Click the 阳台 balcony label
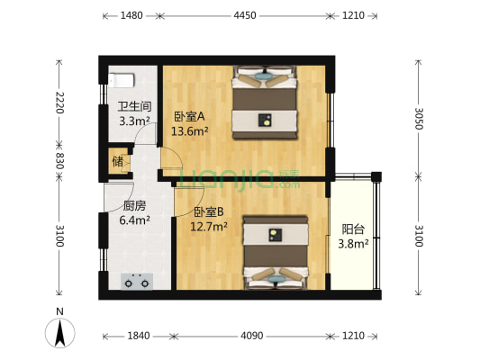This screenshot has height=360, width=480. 353,229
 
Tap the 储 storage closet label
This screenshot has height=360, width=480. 118,162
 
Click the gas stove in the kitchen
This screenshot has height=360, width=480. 137,282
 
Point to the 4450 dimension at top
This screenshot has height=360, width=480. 245,15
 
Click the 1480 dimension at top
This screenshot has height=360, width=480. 131,15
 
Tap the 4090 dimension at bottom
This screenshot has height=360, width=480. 251,336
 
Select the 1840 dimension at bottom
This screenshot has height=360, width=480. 138,336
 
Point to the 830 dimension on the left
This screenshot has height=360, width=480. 59,160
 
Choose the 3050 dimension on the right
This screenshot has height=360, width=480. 418,117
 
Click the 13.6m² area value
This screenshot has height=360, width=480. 192,130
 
